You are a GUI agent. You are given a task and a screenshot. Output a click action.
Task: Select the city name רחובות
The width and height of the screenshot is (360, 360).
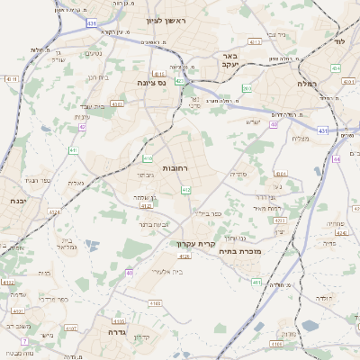[174, 169]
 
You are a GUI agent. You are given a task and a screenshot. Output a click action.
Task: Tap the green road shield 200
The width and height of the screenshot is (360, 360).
[247, 89]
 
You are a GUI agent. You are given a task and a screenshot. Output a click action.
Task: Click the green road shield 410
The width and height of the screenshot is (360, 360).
[147, 159]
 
